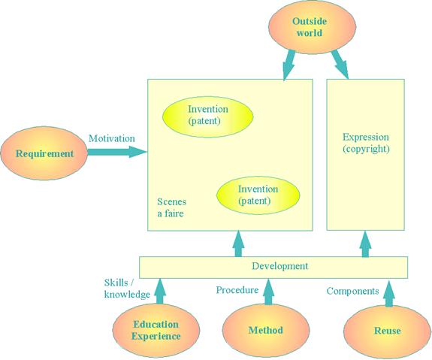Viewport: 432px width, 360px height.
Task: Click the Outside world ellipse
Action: click(x=312, y=27)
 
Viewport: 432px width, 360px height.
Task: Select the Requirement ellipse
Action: click(x=44, y=153)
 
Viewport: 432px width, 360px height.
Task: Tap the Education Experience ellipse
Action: click(x=156, y=330)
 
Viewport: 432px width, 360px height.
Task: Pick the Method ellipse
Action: click(x=266, y=330)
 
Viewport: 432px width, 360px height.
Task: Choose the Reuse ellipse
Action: click(x=388, y=331)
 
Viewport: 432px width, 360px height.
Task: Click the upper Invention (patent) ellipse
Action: click(x=207, y=116)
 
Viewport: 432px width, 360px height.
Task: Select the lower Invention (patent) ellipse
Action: click(x=258, y=195)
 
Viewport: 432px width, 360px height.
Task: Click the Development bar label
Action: click(x=280, y=266)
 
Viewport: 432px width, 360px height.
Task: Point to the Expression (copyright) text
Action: click(x=366, y=143)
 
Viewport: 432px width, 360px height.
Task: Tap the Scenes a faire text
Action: click(x=171, y=207)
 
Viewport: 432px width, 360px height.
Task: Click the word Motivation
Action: click(x=112, y=138)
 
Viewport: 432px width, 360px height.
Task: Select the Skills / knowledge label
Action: click(x=127, y=289)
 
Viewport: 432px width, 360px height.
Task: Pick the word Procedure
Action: click(x=237, y=290)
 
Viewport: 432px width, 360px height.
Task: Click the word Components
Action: click(x=352, y=291)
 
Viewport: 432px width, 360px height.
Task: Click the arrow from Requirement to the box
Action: click(x=116, y=152)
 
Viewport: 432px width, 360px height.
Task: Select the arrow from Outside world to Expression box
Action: click(x=340, y=64)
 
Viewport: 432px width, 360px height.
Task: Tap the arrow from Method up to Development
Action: click(x=269, y=292)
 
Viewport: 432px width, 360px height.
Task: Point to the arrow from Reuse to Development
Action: click(x=389, y=293)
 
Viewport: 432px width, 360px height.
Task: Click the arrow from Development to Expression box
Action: click(x=365, y=244)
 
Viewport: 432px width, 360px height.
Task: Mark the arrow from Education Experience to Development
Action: click(x=160, y=291)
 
